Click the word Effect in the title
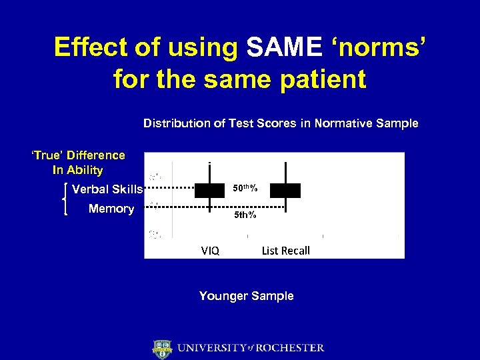[x=93, y=47]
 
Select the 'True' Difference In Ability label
[x=78, y=163]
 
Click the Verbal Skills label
[x=107, y=189]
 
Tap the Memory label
[x=111, y=209]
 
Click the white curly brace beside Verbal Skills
[x=65, y=199]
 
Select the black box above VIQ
[x=209, y=190]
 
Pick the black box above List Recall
[x=285, y=190]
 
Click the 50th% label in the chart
[x=245, y=189]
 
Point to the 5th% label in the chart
[x=245, y=215]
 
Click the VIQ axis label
[x=210, y=251]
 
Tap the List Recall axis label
[x=285, y=251]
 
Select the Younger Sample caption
[x=246, y=296]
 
